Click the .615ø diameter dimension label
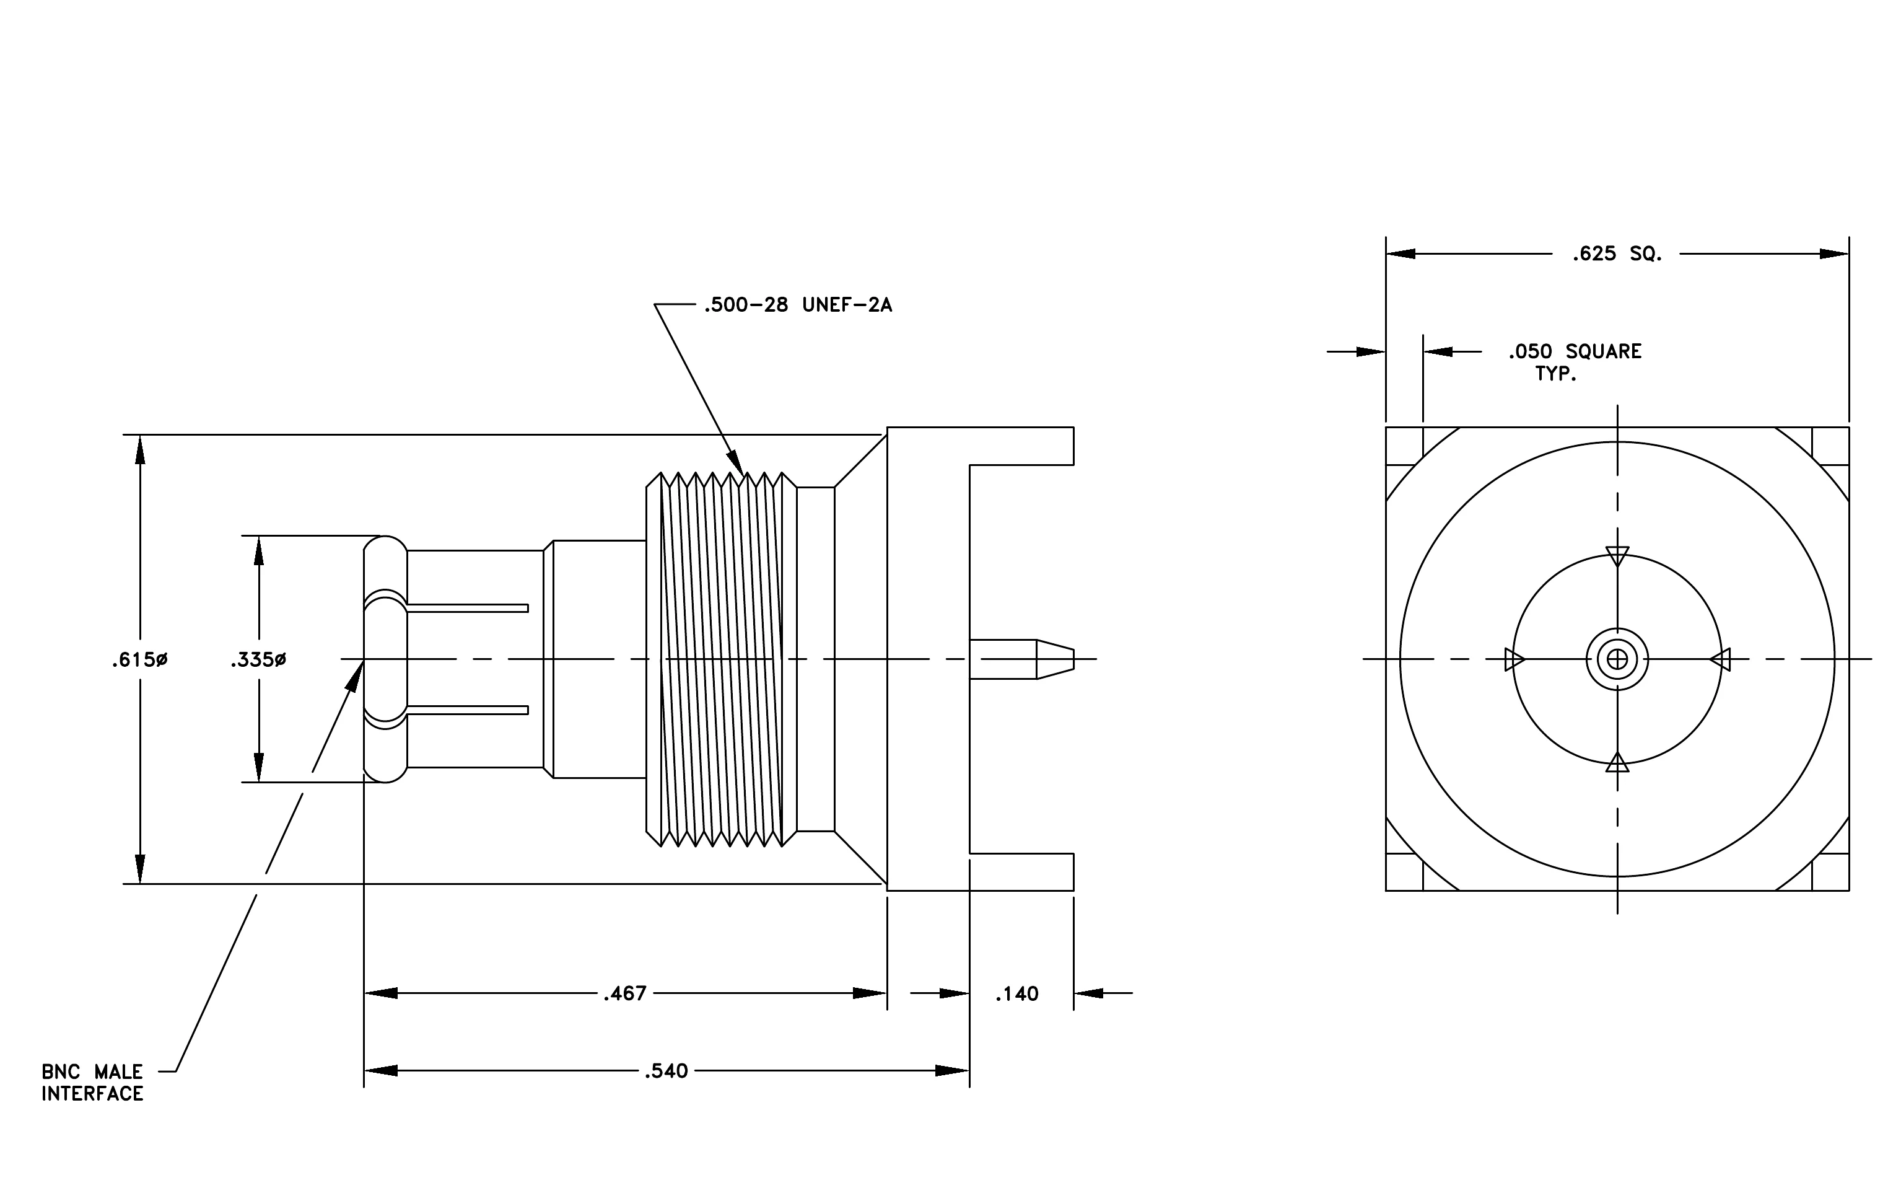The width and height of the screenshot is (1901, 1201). point(140,659)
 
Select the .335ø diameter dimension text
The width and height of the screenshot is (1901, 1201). point(258,659)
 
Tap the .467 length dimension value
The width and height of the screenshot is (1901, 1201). point(625,993)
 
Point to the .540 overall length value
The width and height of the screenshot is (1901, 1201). point(666,1071)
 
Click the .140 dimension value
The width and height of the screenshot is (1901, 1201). point(1017,994)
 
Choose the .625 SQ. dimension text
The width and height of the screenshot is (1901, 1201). point(1617,254)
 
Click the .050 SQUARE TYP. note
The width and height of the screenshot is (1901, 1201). point(1575,362)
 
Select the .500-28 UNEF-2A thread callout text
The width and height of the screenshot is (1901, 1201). point(798,305)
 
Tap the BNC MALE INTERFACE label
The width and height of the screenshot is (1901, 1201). point(92,1083)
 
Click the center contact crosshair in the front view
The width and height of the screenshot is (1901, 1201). point(1617,659)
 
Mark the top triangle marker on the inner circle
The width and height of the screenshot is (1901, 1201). point(1617,556)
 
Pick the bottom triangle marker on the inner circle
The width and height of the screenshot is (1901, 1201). point(1617,762)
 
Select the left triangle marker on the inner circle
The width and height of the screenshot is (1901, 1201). point(1514,659)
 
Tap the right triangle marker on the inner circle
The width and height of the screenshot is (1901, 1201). point(1720,659)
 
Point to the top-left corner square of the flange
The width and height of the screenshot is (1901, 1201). point(1404,446)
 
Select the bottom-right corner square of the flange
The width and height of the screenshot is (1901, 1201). point(1830,873)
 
